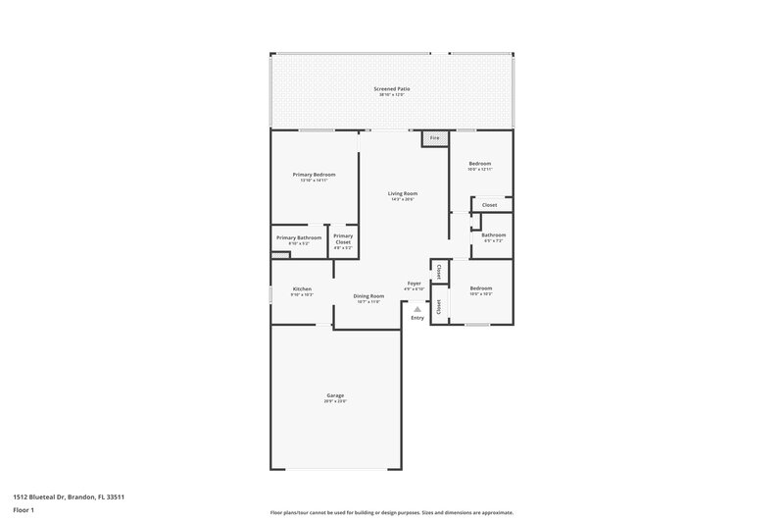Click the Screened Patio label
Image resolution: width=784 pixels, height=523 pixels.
[x=391, y=89]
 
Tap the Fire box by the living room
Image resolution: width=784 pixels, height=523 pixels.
[x=434, y=139]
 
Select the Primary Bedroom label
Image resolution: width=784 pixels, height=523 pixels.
[x=314, y=175]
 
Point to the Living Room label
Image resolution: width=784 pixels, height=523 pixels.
[x=403, y=194]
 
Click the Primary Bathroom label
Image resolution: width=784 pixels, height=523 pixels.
[x=299, y=238]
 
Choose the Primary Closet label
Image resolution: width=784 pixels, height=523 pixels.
[x=342, y=238]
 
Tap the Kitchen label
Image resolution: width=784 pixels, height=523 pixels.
[x=301, y=288]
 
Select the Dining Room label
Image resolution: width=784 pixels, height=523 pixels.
[x=368, y=296]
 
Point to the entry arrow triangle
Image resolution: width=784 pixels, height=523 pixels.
[x=416, y=309]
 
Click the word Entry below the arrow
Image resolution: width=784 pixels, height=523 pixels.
[x=417, y=318]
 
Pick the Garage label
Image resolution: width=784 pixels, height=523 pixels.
[x=335, y=396]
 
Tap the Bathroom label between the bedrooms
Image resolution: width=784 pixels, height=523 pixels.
[x=493, y=235]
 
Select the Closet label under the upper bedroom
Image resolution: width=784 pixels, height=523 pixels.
[x=489, y=205]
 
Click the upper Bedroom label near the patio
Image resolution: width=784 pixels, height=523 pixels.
[x=479, y=164]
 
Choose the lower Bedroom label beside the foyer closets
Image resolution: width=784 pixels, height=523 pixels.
[x=480, y=288]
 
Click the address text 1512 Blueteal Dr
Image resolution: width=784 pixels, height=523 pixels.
[x=68, y=497]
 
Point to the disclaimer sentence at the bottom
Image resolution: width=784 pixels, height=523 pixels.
[x=391, y=512]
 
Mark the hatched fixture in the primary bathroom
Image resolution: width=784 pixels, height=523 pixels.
[x=281, y=255]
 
